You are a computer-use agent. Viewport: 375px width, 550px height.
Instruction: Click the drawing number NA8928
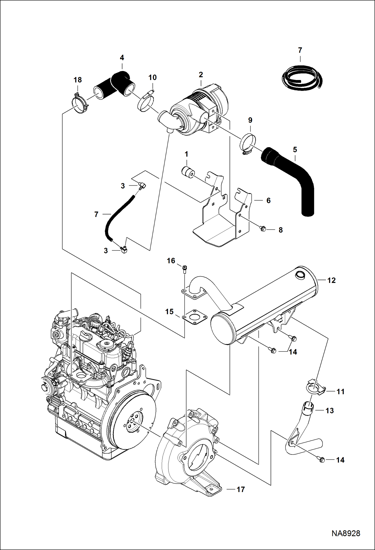(x=346, y=533)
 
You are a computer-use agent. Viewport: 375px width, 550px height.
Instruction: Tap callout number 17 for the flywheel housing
(x=240, y=489)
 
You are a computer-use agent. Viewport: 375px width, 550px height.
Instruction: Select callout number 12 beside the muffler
(x=331, y=280)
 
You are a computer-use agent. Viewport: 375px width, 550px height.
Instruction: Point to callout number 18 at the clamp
(x=78, y=80)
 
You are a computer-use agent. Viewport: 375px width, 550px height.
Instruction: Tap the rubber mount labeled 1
(x=187, y=173)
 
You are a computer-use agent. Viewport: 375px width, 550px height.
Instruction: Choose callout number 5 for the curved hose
(x=295, y=150)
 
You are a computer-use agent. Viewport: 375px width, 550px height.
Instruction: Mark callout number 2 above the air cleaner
(x=201, y=74)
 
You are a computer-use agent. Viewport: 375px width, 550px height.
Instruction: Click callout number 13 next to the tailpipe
(x=329, y=411)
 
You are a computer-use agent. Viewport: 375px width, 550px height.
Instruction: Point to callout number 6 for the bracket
(x=268, y=200)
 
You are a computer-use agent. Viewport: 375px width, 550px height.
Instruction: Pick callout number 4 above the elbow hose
(x=122, y=58)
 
